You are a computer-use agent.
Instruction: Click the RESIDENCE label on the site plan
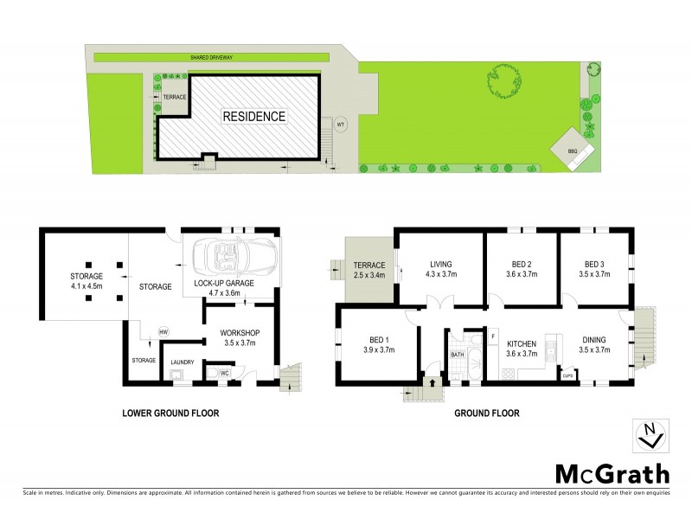point(254,116)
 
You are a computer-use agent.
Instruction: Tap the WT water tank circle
point(340,123)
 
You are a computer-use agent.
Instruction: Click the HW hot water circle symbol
point(163,331)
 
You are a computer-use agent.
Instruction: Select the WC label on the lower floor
point(223,373)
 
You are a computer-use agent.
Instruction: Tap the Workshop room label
point(240,333)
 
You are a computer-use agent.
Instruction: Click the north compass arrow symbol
point(650,435)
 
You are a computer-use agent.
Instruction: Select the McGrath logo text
point(612,473)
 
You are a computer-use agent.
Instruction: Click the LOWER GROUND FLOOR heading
point(170,413)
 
